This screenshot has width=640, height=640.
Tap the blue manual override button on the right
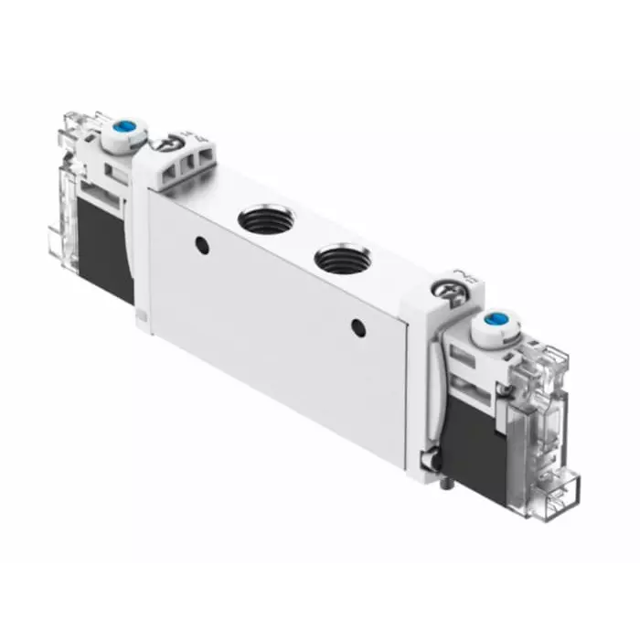tap(496, 321)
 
